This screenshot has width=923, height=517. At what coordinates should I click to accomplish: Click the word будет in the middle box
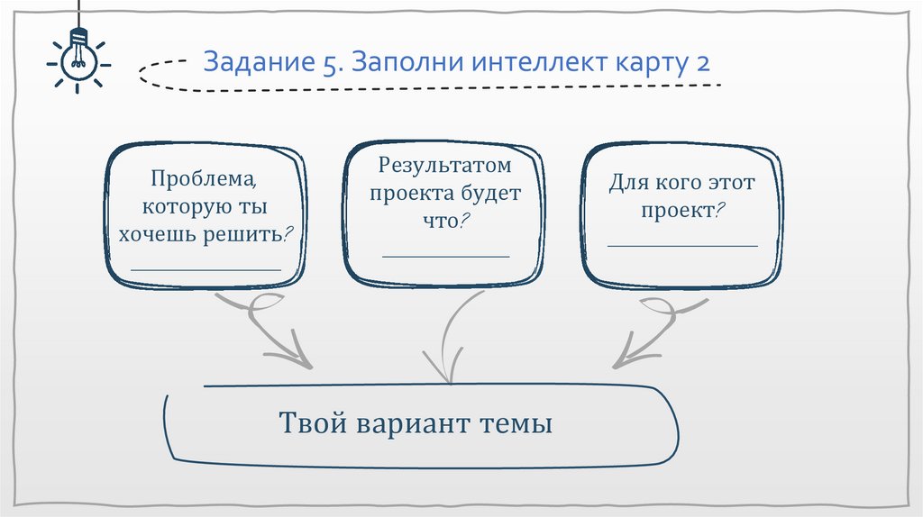click(x=491, y=193)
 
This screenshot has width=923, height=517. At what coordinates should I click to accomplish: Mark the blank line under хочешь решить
click(x=206, y=268)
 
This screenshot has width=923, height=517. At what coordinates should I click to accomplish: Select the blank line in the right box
click(x=682, y=245)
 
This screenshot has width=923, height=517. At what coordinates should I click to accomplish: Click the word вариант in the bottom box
click(x=414, y=423)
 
